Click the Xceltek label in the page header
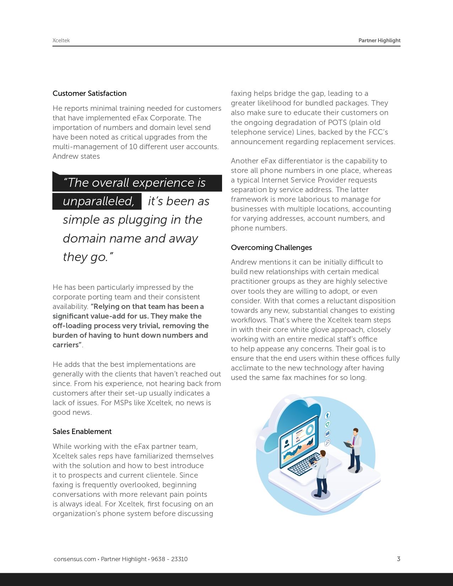pyautogui.click(x=61, y=40)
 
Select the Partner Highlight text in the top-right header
pyautogui.click(x=379, y=40)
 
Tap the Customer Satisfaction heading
pyautogui.click(x=90, y=93)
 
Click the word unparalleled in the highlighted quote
pyautogui.click(x=98, y=201)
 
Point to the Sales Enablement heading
pyautogui.click(x=82, y=432)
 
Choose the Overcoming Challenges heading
pyautogui.click(x=271, y=248)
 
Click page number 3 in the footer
pyautogui.click(x=398, y=559)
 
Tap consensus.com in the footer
pyautogui.click(x=75, y=559)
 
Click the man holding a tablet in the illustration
pyautogui.click(x=354, y=449)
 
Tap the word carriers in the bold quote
pyautogui.click(x=66, y=345)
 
